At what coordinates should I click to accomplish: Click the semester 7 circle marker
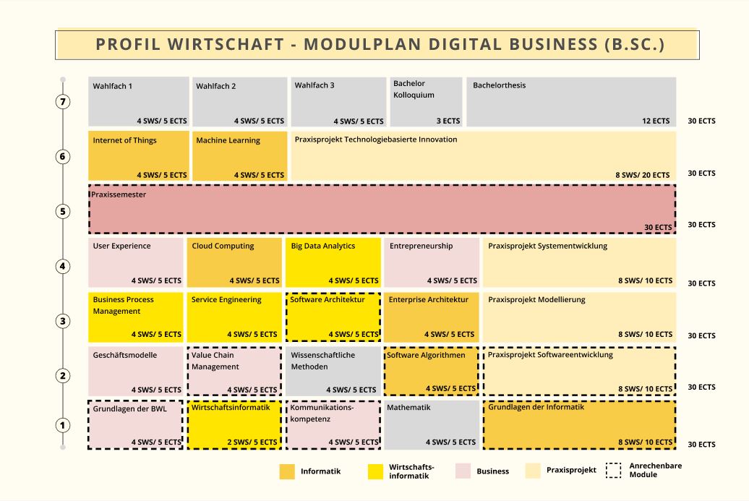click(x=63, y=102)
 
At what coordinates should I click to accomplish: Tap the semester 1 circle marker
click(x=63, y=425)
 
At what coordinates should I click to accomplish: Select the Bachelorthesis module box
click(x=571, y=102)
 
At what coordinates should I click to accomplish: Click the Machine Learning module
click(x=239, y=155)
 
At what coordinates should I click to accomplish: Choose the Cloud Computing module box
click(x=234, y=262)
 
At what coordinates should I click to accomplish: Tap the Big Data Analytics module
click(x=333, y=262)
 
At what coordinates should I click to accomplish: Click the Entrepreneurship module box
click(x=432, y=262)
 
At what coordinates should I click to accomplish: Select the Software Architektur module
click(x=333, y=317)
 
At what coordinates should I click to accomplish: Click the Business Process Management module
click(x=136, y=317)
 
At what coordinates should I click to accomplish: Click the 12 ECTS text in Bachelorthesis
click(x=656, y=121)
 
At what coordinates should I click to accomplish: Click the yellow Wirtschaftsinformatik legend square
click(x=375, y=471)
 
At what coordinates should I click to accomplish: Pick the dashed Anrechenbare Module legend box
click(x=613, y=471)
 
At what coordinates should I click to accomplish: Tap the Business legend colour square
click(x=463, y=471)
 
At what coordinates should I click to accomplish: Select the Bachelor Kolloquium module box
click(x=426, y=102)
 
